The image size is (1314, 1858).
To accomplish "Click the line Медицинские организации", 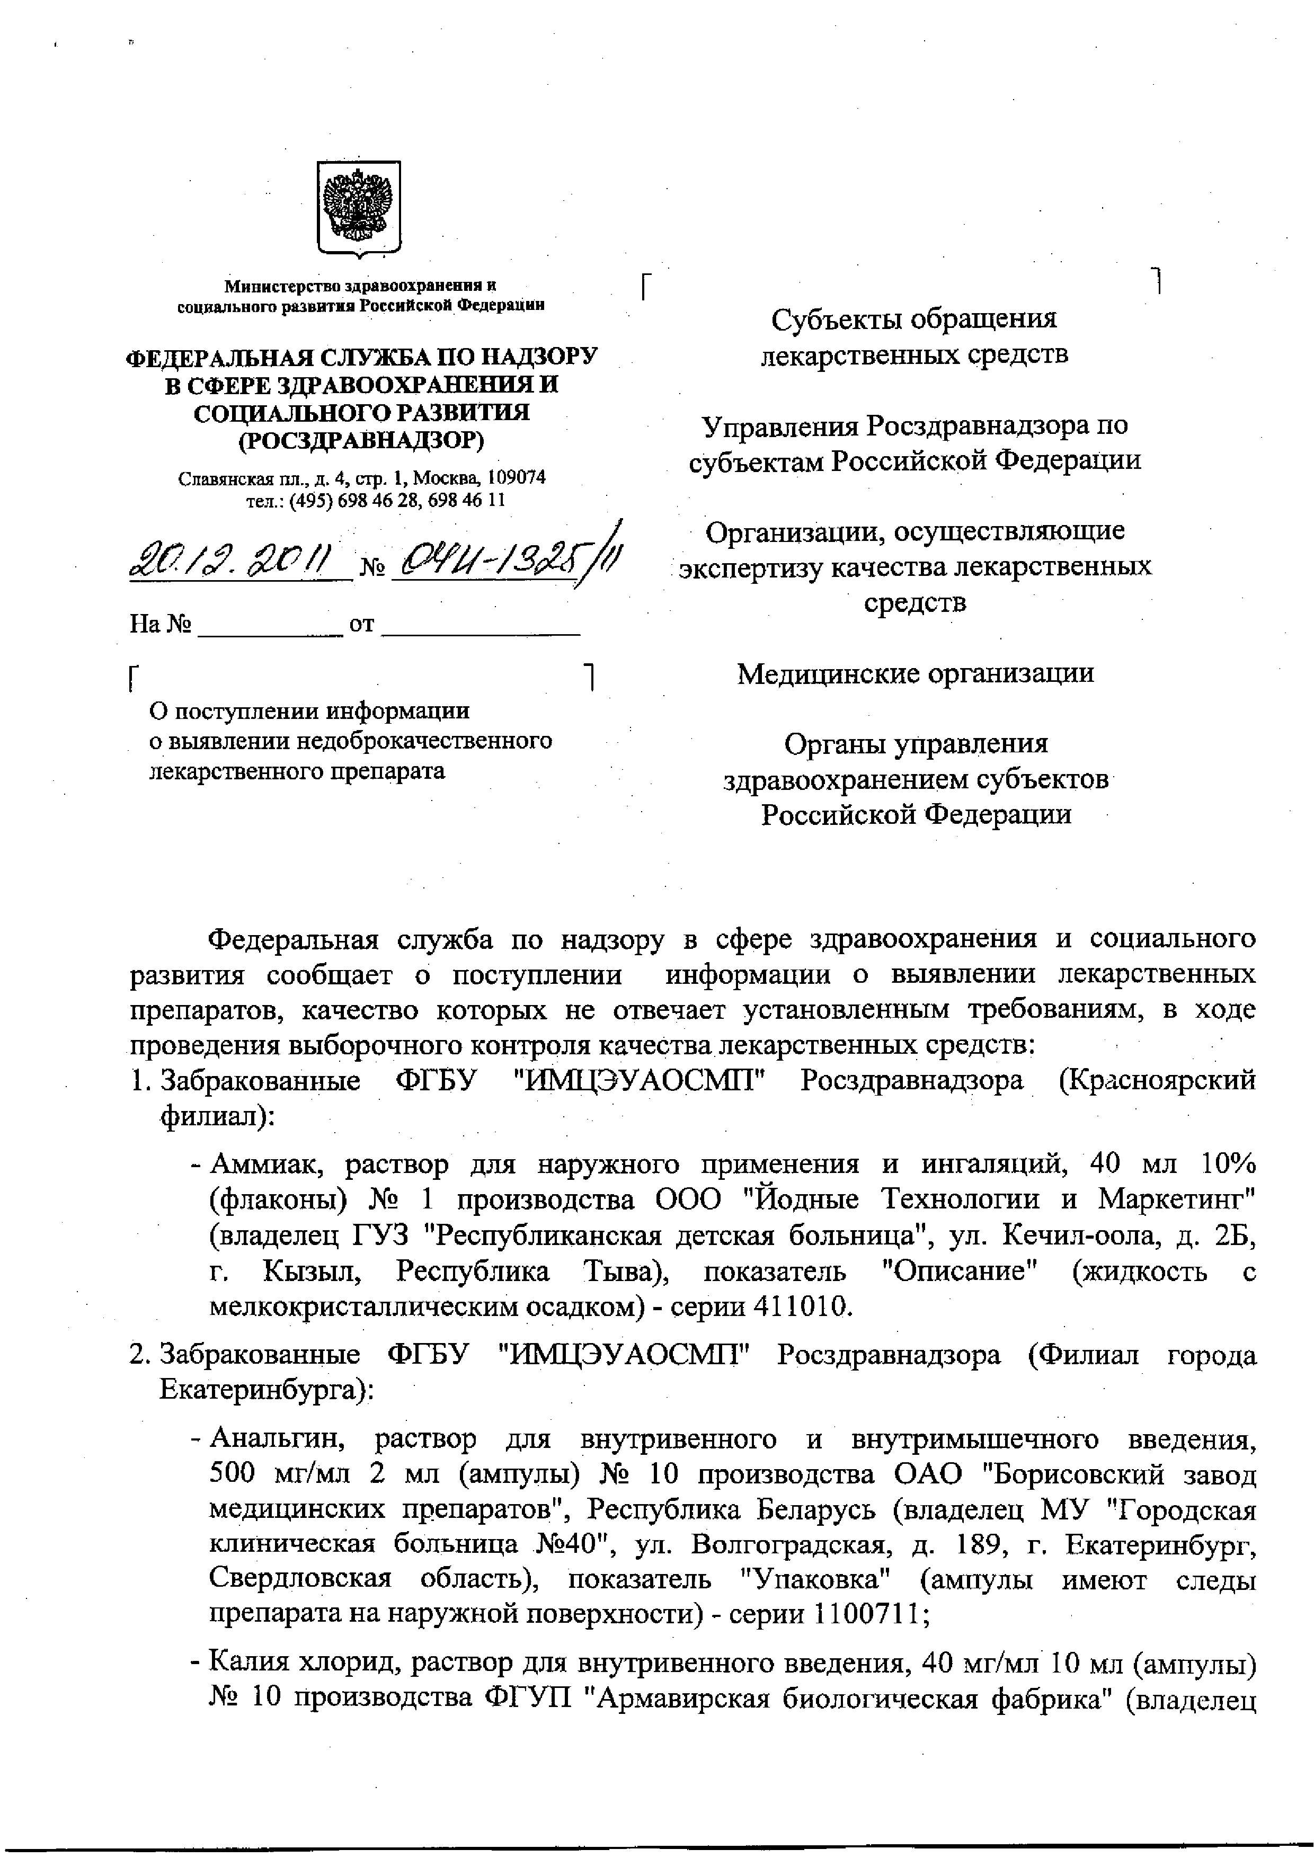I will click(x=915, y=673).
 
